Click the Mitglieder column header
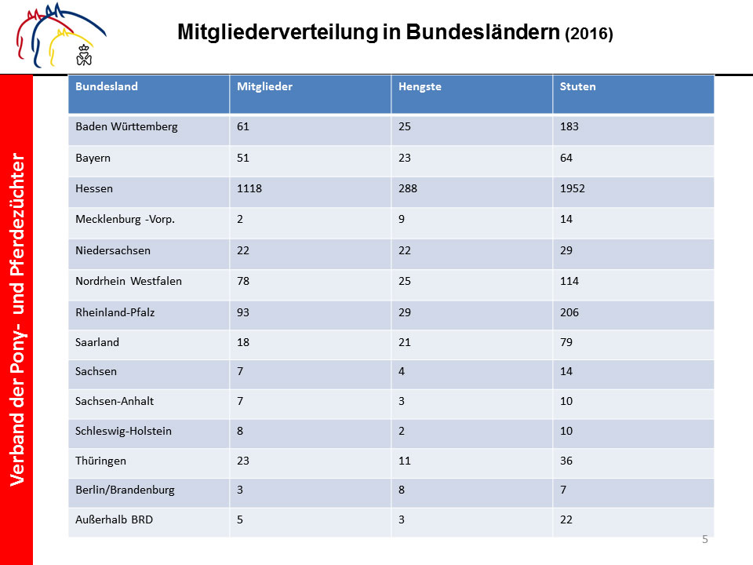(x=264, y=86)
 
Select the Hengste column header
(x=420, y=87)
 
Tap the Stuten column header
(x=578, y=86)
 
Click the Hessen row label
(x=94, y=188)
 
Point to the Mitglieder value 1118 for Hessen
(x=249, y=188)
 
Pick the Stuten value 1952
(x=573, y=188)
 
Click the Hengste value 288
(x=408, y=188)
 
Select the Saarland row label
(x=97, y=342)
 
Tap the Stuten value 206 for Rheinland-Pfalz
(x=569, y=312)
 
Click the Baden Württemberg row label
(x=126, y=127)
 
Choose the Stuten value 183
(x=569, y=126)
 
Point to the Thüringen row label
(x=101, y=461)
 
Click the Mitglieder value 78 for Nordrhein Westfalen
(x=243, y=281)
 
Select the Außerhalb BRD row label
(x=115, y=519)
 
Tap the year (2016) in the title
(x=589, y=34)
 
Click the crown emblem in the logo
(x=84, y=55)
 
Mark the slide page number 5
(x=705, y=539)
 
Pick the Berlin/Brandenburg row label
(x=125, y=490)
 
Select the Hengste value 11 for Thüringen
(x=405, y=461)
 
